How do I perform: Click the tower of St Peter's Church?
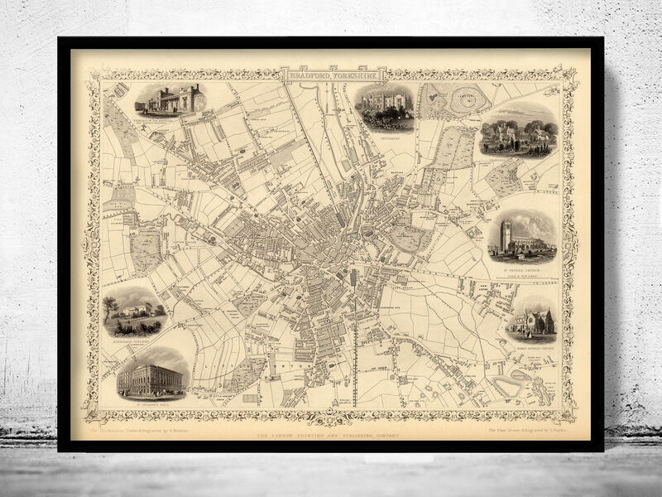point(506,234)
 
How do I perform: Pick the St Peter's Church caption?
point(521,258)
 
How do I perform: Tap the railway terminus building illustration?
point(170,100)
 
